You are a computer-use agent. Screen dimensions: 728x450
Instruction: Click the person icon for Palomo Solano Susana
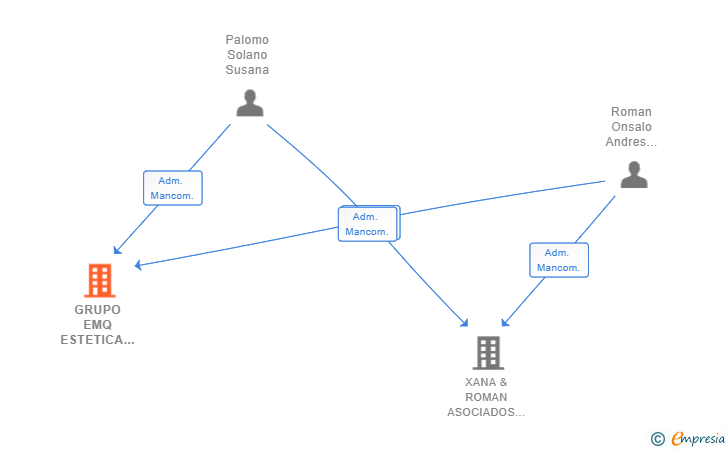[x=250, y=103]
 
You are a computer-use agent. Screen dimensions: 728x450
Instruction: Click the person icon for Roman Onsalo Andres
[x=634, y=175]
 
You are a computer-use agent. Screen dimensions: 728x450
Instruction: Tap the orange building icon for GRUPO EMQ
[x=100, y=280]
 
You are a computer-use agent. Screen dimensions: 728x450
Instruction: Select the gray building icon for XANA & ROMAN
[x=488, y=353]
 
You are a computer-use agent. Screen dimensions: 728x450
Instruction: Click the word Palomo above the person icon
[x=247, y=40]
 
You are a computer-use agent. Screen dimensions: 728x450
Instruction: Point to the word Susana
[x=247, y=70]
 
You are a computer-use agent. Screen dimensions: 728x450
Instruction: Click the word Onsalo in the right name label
[x=631, y=127]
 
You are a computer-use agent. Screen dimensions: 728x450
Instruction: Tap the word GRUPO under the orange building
[x=98, y=310]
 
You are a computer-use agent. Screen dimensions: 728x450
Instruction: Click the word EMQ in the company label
[x=98, y=325]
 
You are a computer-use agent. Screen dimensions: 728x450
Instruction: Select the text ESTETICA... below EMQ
[x=98, y=340]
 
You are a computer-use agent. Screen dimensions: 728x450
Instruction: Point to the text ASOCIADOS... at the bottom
[x=486, y=412]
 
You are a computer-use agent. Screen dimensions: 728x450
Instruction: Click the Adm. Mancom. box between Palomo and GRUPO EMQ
[x=173, y=188]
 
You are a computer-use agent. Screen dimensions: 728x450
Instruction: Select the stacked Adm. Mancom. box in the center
[x=369, y=223]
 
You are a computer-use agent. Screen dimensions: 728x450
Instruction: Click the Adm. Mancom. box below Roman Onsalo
[x=559, y=260]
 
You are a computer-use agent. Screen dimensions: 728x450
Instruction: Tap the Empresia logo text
[x=698, y=438]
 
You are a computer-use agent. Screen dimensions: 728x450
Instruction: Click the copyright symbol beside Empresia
[x=657, y=439]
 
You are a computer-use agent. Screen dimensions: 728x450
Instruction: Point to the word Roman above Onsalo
[x=631, y=112]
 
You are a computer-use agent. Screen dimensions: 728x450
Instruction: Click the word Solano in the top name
[x=247, y=55]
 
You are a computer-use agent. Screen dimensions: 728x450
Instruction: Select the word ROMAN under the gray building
[x=486, y=398]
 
